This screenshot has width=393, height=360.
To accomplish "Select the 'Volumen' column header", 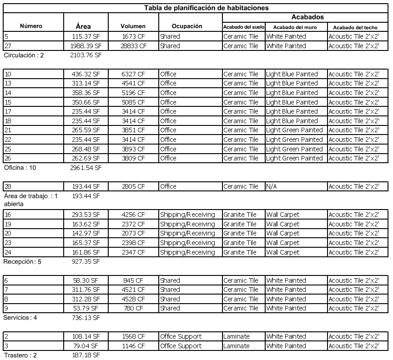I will point(133,26).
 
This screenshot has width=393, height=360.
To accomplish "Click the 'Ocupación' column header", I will point(187,26).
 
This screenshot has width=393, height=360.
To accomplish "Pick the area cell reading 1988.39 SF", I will point(86,46).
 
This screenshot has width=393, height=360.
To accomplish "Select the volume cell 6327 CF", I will point(133,74).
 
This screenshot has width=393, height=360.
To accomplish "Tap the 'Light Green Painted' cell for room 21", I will point(294,130).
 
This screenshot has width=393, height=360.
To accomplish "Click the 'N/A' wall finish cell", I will point(272,186).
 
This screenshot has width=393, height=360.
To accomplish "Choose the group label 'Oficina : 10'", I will point(20,168).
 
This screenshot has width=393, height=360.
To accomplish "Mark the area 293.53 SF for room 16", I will point(86,215).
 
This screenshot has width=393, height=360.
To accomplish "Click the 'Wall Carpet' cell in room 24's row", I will point(283,252).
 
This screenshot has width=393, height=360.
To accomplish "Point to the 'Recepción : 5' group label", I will point(22,262).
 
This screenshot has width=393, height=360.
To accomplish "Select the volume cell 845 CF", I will point(133,280).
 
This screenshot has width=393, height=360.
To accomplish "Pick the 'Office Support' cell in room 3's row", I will point(181,346).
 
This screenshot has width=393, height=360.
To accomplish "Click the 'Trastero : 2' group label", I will point(21,355).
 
